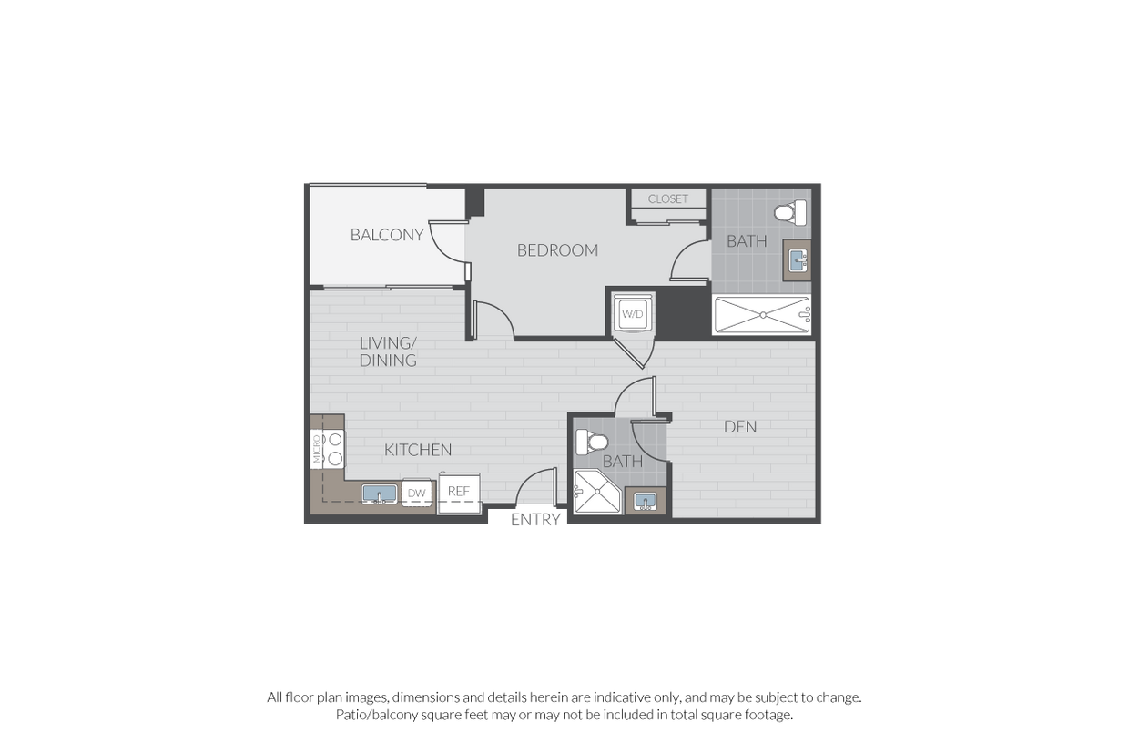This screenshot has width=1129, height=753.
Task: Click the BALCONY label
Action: (387, 235)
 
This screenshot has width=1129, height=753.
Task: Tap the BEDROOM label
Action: (557, 250)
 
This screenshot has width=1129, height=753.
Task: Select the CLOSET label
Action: (668, 199)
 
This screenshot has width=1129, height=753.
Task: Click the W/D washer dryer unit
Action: (632, 314)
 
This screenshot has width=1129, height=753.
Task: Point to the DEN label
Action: (740, 426)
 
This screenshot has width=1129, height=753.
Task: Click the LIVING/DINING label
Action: (388, 351)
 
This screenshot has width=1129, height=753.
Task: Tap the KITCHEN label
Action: (418, 450)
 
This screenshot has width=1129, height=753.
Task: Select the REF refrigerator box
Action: (459, 493)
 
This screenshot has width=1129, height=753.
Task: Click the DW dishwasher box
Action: (417, 494)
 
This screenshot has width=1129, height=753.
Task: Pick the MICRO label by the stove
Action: (317, 449)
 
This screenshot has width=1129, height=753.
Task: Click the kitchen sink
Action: (380, 494)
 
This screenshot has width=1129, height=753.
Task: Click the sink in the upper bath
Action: (798, 261)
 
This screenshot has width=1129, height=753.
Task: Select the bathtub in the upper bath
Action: (762, 315)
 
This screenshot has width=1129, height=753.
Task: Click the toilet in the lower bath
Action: (593, 443)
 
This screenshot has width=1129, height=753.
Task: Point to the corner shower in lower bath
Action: (596, 493)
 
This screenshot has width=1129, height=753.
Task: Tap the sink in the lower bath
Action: (646, 501)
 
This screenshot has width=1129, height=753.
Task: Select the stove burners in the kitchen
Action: (334, 449)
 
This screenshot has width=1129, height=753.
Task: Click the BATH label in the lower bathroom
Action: (623, 462)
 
